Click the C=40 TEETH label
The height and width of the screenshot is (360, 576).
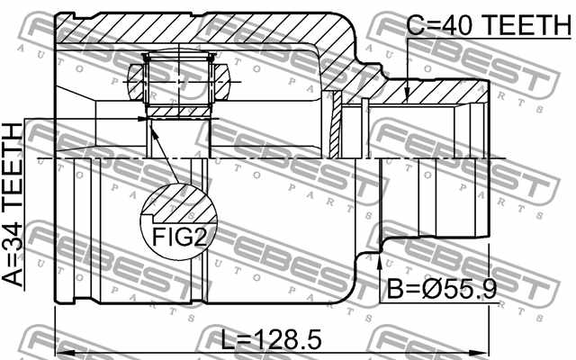[489, 24]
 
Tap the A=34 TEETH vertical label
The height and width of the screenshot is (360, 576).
[13, 204]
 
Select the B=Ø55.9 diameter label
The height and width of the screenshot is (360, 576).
[442, 288]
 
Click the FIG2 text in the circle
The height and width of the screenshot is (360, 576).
[180, 237]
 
